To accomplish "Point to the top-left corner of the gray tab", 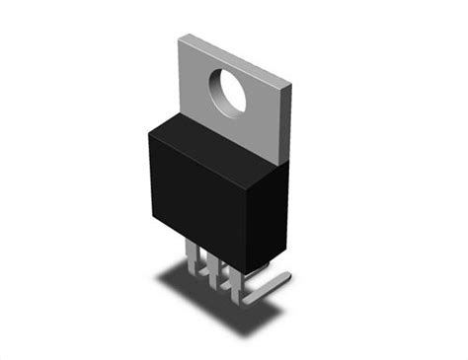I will (179, 37).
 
